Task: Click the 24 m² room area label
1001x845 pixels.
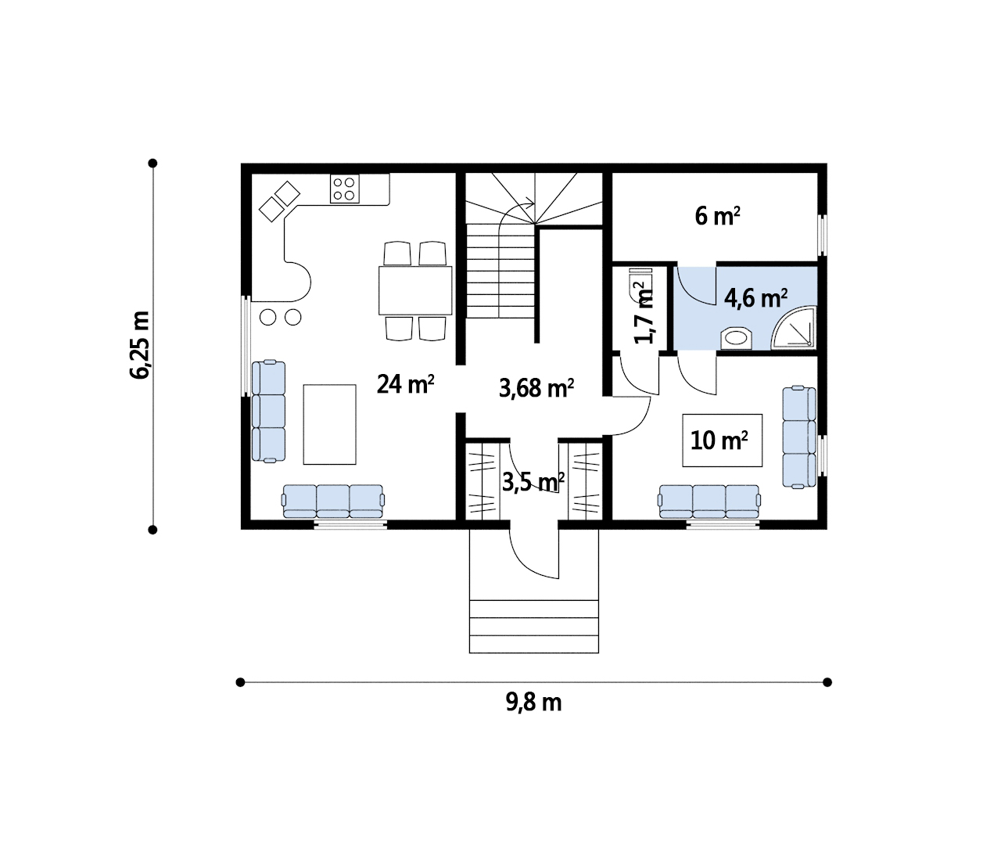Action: pos(406,383)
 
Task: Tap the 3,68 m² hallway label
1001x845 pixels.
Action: pos(536,387)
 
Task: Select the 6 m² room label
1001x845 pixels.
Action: pos(717,216)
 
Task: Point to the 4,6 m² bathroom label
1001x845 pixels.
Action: pos(755,298)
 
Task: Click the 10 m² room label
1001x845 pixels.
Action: pos(719,440)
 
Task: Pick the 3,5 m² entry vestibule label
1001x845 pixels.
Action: pos(533,482)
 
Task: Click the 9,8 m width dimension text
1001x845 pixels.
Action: pos(533,703)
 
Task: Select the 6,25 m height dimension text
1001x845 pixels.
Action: pos(140,345)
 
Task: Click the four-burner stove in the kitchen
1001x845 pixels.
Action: pos(344,189)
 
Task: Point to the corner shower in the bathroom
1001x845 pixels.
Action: pos(794,328)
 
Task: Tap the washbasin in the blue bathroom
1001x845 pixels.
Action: pos(737,338)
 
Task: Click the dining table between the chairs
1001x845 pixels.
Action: pos(415,290)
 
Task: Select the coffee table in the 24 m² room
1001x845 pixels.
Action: pos(330,424)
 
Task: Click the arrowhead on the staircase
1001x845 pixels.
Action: pos(530,203)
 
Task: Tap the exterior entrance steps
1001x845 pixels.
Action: pos(534,626)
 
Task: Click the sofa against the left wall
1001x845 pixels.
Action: pos(268,411)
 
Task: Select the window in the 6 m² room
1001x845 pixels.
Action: pos(822,235)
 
